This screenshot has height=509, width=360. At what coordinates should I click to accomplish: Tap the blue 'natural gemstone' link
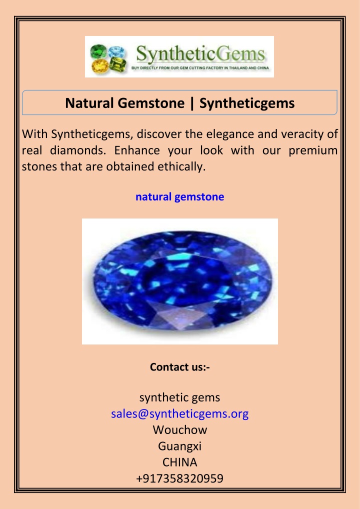pyautogui.click(x=180, y=196)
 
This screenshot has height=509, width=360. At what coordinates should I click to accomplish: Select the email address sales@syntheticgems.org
pyautogui.click(x=180, y=413)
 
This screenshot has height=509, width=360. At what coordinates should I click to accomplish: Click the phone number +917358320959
pyautogui.click(x=180, y=478)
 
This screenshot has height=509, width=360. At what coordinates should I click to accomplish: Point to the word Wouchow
pyautogui.click(x=180, y=430)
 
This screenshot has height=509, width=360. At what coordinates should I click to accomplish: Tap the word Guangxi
pyautogui.click(x=180, y=446)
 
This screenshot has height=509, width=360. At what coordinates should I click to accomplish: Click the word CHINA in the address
pyautogui.click(x=180, y=462)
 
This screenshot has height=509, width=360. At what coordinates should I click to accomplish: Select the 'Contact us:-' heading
pyautogui.click(x=180, y=367)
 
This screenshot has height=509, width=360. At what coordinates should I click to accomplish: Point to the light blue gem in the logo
pyautogui.click(x=116, y=52)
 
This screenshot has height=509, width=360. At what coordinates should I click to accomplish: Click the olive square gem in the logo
pyautogui.click(x=117, y=64)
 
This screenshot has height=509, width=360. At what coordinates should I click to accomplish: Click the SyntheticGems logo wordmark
pyautogui.click(x=200, y=54)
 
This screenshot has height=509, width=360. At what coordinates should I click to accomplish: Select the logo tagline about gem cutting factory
pyautogui.click(x=200, y=68)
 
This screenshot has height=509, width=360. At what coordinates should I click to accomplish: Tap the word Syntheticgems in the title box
pyautogui.click(x=247, y=103)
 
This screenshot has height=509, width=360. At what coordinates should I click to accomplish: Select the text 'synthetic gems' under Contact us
pyautogui.click(x=180, y=397)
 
